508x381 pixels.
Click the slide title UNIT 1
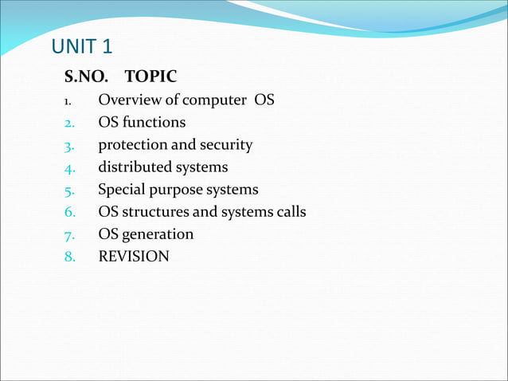[x=87, y=48]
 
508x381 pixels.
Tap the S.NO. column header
[x=86, y=77]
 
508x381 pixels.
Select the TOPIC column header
[x=151, y=77]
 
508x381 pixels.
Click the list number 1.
[x=68, y=101]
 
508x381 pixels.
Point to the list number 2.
[x=69, y=124]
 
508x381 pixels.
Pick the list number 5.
[x=69, y=190]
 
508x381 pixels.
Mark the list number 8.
[x=69, y=257]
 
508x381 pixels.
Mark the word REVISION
[x=134, y=257]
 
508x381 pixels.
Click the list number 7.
[x=69, y=235]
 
